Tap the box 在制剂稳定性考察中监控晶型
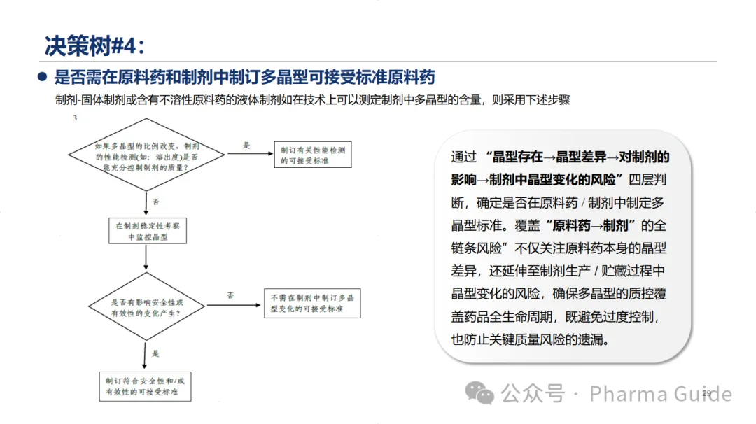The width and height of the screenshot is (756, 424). [x=148, y=232]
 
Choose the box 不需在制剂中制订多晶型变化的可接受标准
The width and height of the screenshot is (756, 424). [x=312, y=303]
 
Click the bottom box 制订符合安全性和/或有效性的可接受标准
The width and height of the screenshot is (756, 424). [x=145, y=386]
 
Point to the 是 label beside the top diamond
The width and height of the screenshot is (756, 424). [x=246, y=146]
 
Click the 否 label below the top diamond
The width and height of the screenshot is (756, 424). [x=156, y=202]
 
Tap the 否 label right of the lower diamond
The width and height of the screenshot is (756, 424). [x=230, y=295]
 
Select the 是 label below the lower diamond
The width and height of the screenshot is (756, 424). [x=155, y=353]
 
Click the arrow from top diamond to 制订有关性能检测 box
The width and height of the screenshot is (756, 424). [x=248, y=153]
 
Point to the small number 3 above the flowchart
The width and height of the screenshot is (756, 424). [x=75, y=118]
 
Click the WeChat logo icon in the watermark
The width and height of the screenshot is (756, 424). [x=480, y=393]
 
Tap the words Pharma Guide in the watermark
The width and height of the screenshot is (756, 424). [x=660, y=394]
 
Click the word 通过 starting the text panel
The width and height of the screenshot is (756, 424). [x=464, y=157]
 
